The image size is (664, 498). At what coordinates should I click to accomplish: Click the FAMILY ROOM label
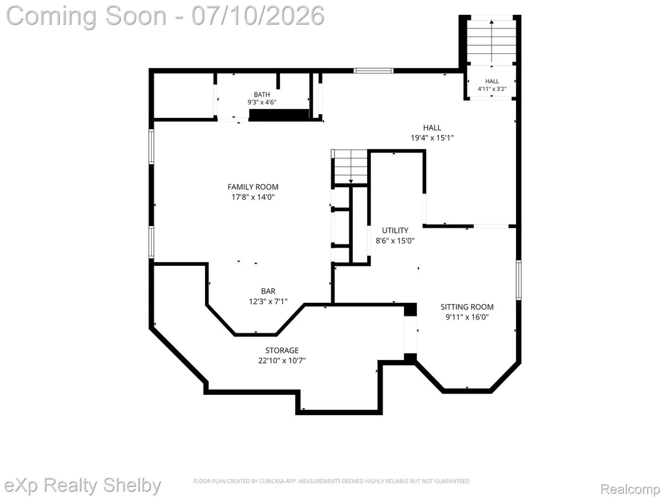[253, 187]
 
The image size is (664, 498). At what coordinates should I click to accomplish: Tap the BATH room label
[262, 95]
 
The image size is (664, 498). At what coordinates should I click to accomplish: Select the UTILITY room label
[395, 230]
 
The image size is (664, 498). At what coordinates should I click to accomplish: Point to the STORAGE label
[282, 350]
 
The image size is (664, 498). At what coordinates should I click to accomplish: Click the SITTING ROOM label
[467, 307]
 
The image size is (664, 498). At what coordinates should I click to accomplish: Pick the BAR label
[268, 291]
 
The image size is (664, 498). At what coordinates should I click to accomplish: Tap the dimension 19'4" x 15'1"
[432, 137]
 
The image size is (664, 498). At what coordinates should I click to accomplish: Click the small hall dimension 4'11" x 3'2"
[492, 89]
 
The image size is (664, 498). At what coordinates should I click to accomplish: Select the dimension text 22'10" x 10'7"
[282, 361]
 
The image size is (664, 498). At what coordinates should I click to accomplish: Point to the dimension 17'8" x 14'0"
[253, 197]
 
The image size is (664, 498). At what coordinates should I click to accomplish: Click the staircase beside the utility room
[350, 167]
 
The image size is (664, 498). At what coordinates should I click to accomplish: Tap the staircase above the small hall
[492, 41]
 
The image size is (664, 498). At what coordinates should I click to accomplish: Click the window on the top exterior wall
[373, 71]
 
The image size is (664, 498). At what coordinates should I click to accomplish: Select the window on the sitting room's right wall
[518, 280]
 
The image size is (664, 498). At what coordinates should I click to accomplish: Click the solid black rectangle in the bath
[279, 115]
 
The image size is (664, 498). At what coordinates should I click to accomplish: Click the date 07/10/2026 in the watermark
[258, 16]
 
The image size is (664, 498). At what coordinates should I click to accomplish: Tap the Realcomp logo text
[630, 489]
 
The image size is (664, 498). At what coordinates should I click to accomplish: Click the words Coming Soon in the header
[87, 16]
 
